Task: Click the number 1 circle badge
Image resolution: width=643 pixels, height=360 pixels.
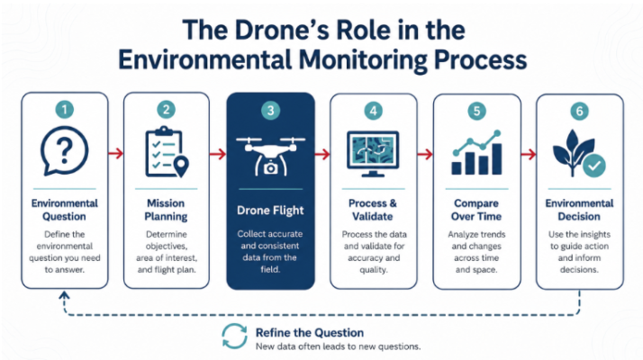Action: point(64,110)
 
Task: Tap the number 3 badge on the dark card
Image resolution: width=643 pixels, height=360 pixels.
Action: point(271,111)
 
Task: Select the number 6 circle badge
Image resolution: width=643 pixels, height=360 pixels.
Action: point(579,111)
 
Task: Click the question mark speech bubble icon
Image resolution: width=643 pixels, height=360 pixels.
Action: point(64,151)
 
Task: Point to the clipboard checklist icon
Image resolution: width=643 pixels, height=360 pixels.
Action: point(167,152)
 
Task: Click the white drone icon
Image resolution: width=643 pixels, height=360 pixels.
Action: point(271,157)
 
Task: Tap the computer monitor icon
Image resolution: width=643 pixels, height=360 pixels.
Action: point(373,154)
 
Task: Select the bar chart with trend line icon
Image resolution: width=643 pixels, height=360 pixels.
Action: point(477,152)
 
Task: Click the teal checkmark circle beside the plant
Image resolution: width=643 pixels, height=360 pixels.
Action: point(594,166)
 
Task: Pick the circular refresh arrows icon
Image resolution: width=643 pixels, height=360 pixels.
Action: point(234,337)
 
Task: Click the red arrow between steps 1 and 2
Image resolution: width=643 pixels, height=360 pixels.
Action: point(115,154)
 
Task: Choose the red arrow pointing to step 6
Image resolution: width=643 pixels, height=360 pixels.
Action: point(529,155)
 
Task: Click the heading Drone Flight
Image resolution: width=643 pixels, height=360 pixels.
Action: point(271,211)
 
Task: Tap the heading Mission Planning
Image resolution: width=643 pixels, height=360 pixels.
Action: point(166,210)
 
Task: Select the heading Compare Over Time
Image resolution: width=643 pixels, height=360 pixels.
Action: point(476,210)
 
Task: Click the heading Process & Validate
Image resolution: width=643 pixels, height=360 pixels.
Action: point(373,210)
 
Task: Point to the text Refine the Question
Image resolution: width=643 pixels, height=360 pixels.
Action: point(310,332)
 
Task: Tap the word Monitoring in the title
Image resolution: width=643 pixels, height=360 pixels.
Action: point(363,60)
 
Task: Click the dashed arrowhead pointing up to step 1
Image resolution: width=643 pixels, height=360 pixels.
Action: point(64,295)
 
